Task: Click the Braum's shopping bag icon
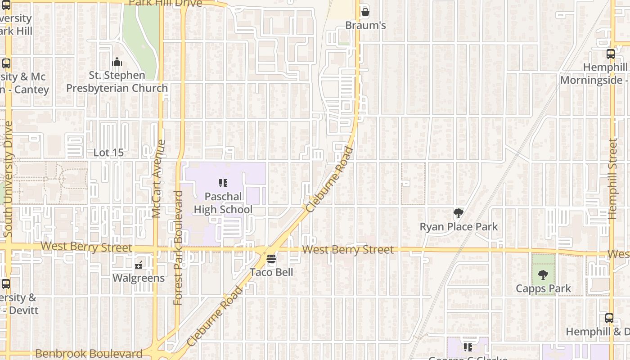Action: pyautogui.click(x=365, y=12)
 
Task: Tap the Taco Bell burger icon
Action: pyautogui.click(x=271, y=259)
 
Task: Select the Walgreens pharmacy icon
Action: pyautogui.click(x=139, y=265)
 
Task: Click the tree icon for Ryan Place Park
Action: pyautogui.click(x=458, y=213)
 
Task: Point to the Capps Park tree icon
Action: pyautogui.click(x=543, y=274)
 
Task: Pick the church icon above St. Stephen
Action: pyautogui.click(x=117, y=61)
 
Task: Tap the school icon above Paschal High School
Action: pyautogui.click(x=223, y=183)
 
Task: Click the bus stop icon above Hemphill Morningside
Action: pyautogui.click(x=610, y=54)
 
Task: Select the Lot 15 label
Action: pyautogui.click(x=108, y=153)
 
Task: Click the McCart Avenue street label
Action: pyautogui.click(x=157, y=179)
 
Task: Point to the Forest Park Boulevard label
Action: pyautogui.click(x=178, y=247)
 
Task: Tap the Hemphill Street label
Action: pyautogui.click(x=612, y=179)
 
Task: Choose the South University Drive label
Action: pyautogui.click(x=8, y=179)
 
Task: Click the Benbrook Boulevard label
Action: pyautogui.click(x=89, y=354)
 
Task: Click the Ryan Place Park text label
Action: pyautogui.click(x=459, y=226)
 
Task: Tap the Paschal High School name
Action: pyautogui.click(x=223, y=203)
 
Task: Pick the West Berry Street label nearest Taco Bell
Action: pyautogui.click(x=348, y=250)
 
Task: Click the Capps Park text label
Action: pyautogui.click(x=543, y=288)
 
